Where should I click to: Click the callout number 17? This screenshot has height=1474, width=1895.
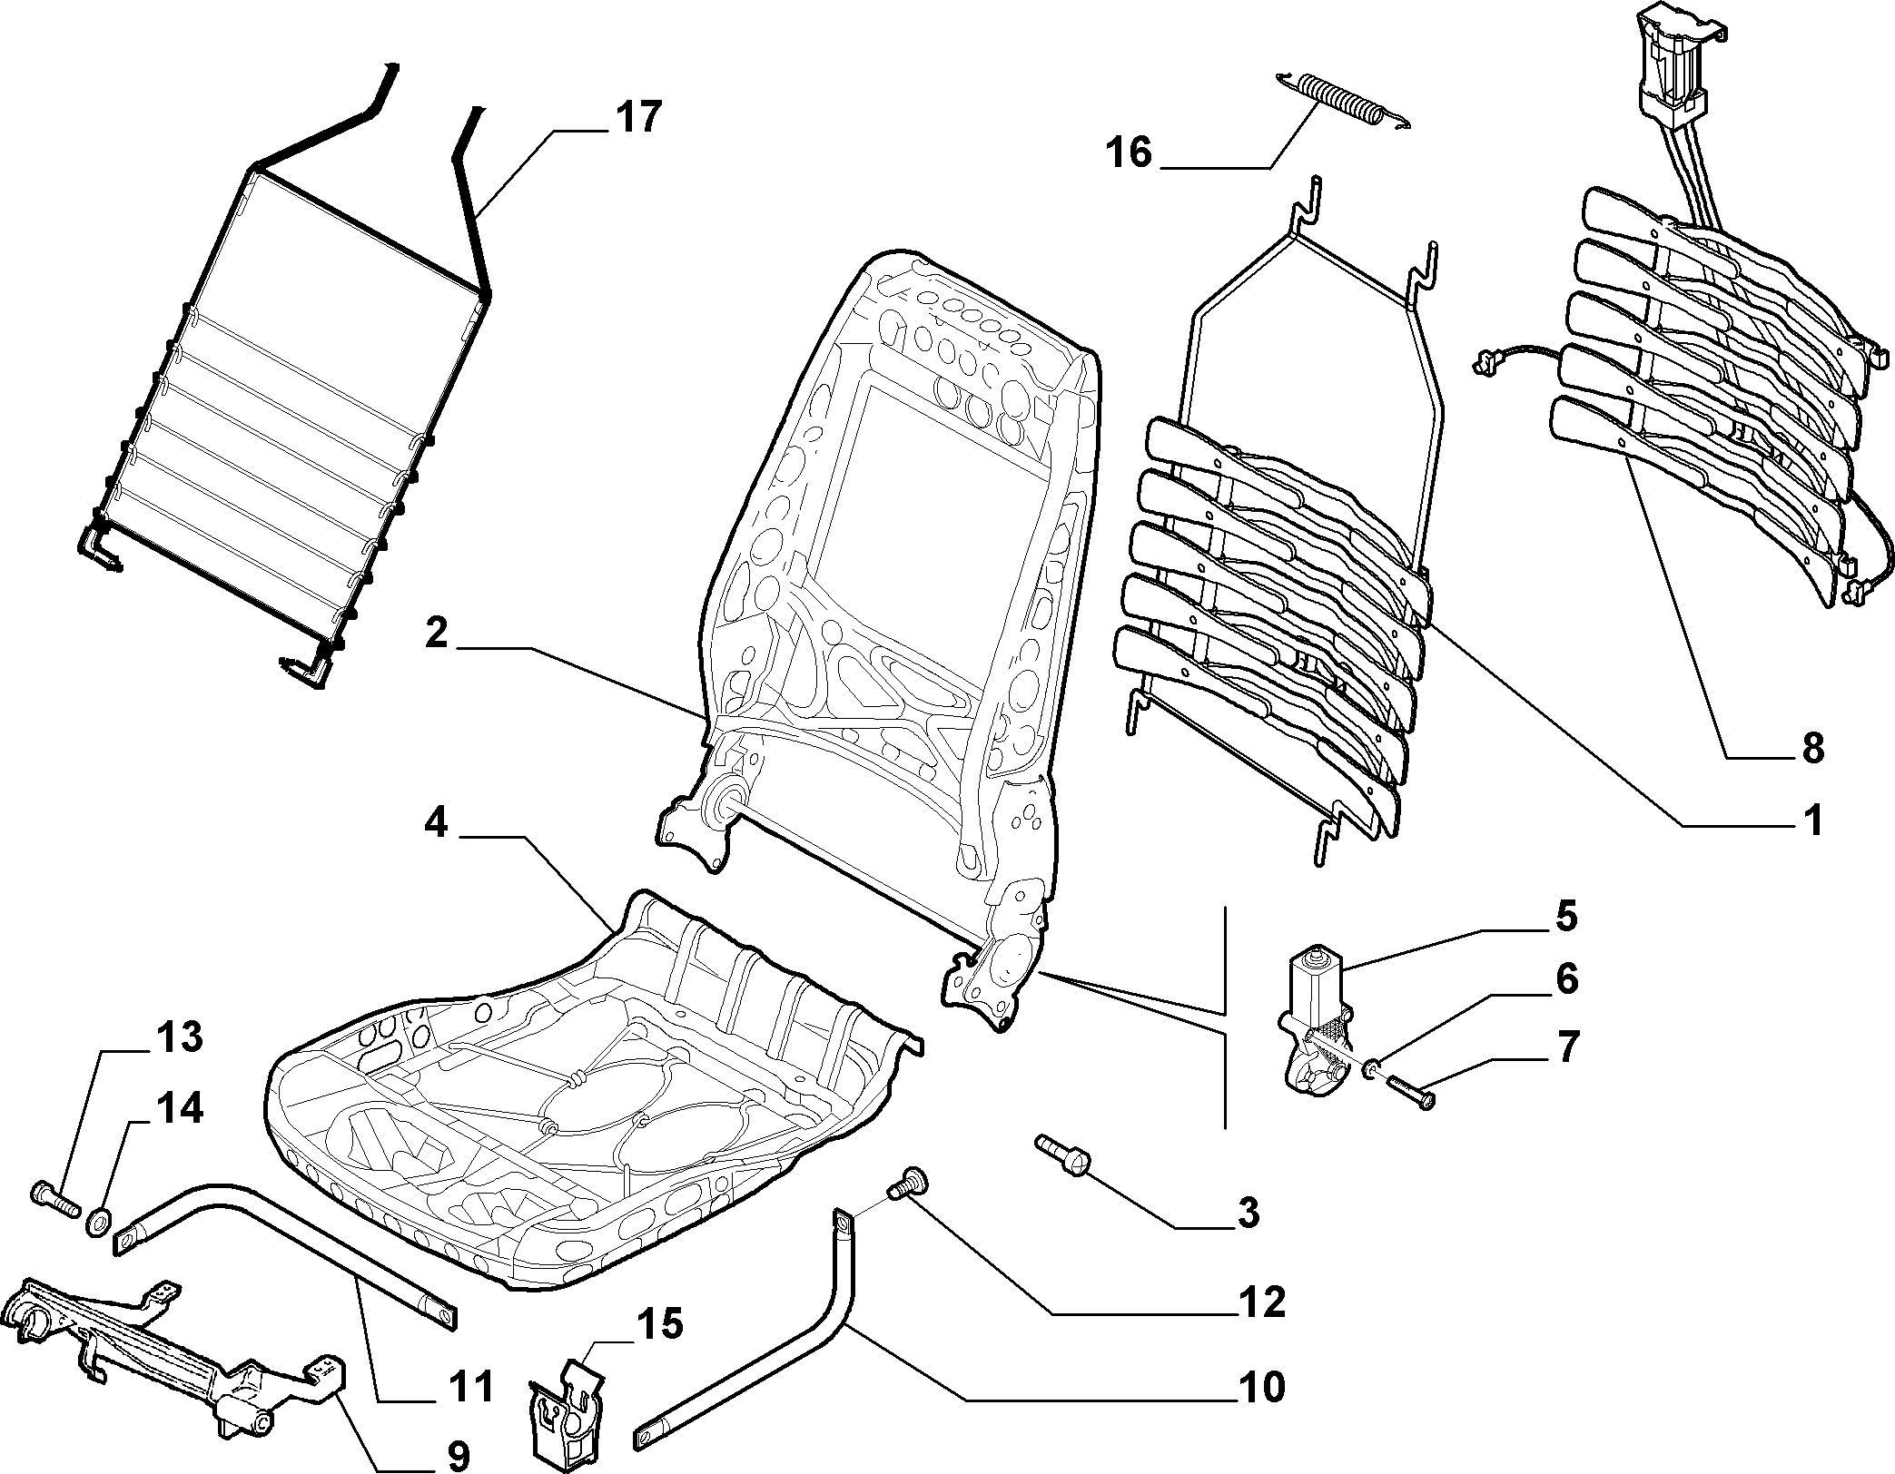tap(638, 119)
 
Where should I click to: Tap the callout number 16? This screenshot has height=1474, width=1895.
tap(1130, 152)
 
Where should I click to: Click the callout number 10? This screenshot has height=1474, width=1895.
tap(1260, 1387)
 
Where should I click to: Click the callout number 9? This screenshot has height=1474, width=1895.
tap(458, 1458)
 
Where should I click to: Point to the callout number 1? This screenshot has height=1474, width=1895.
tap(1812, 821)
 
